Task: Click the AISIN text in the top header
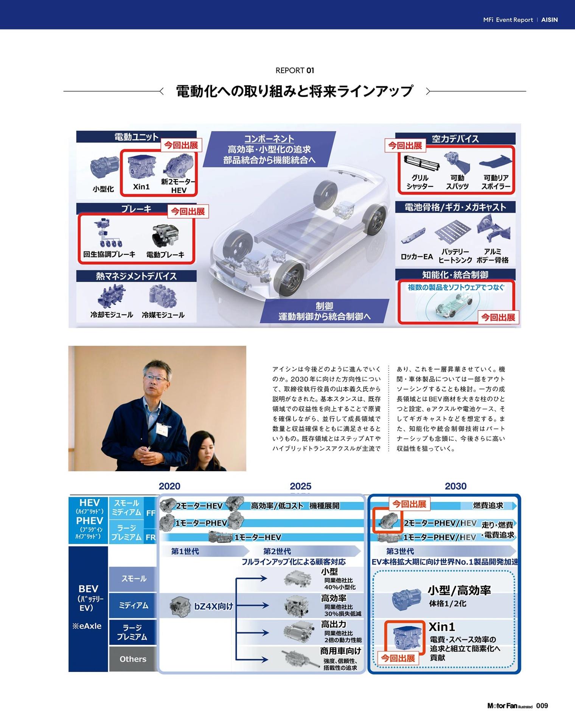click(549, 20)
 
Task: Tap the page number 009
click(542, 706)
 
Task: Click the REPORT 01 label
click(295, 70)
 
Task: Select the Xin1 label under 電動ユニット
click(141, 186)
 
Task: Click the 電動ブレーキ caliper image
click(165, 236)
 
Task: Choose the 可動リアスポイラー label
click(496, 182)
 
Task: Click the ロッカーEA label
click(417, 256)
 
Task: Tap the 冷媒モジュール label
click(163, 315)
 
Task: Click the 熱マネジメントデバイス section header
click(136, 276)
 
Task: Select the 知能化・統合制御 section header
click(455, 275)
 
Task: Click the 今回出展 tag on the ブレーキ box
click(188, 211)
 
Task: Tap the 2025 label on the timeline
click(301, 486)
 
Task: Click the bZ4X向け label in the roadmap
click(214, 606)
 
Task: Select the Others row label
click(133, 659)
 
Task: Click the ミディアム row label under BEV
click(134, 605)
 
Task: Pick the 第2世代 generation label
click(277, 551)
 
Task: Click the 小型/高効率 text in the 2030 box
click(459, 590)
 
